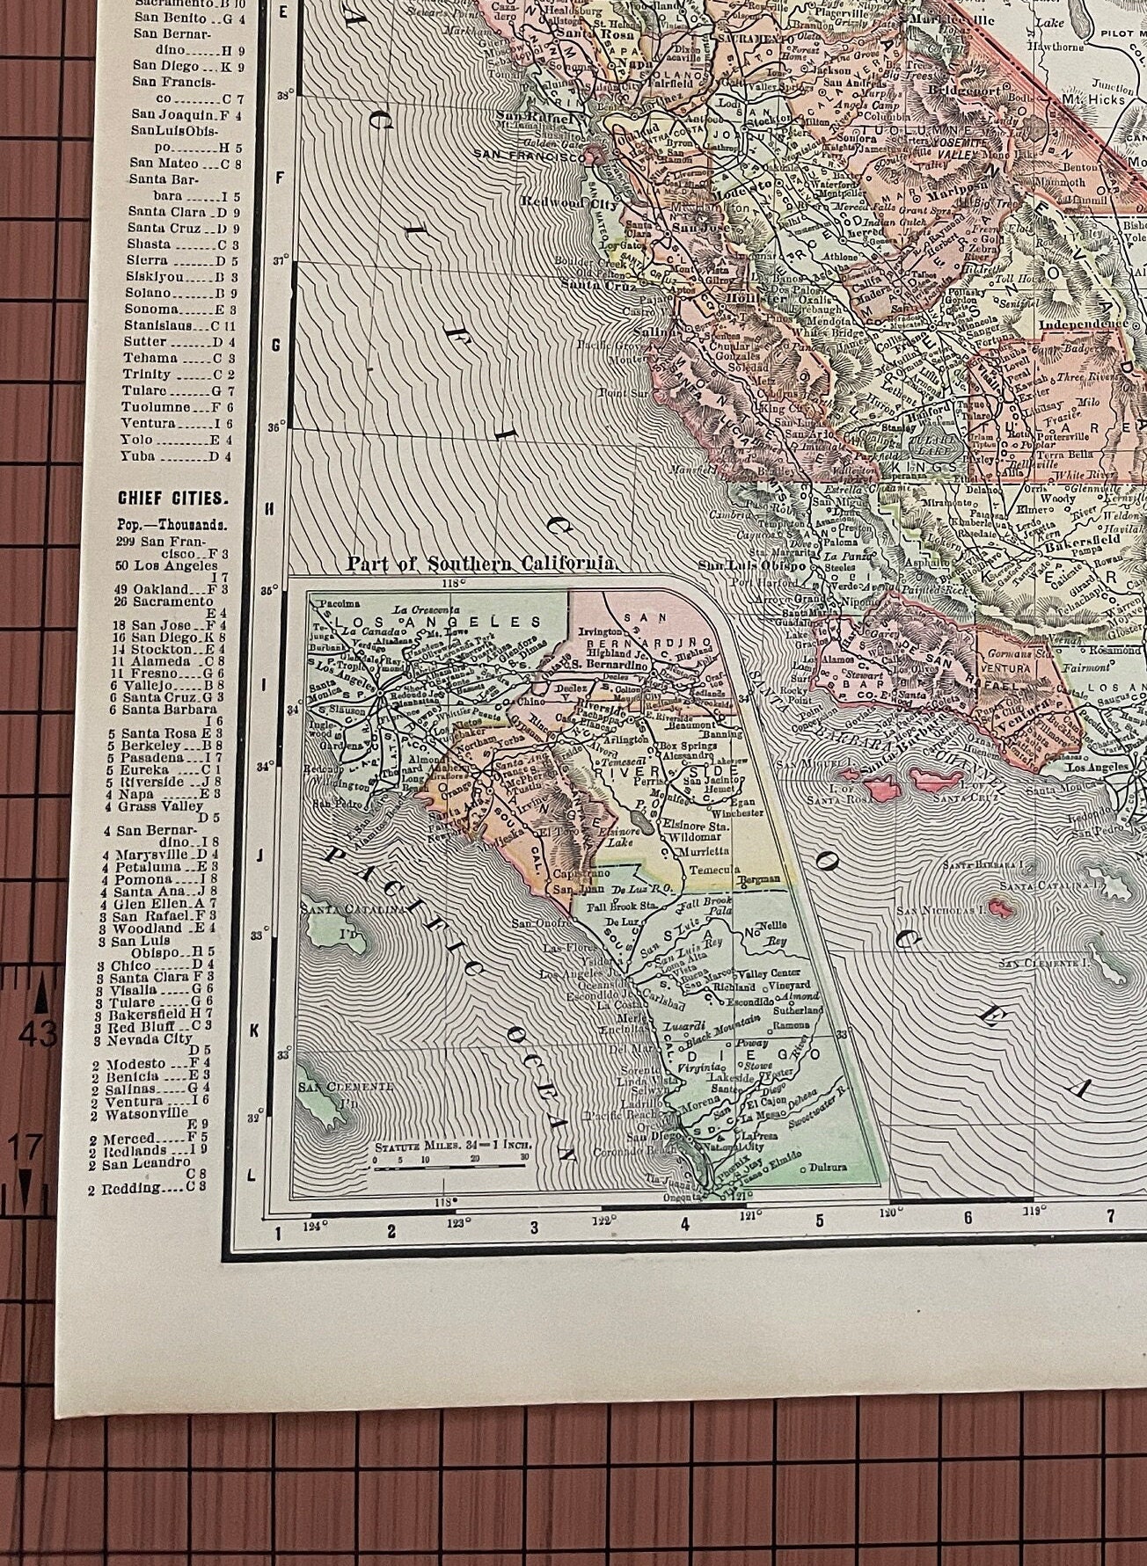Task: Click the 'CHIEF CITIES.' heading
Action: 172,499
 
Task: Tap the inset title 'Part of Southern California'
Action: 480,564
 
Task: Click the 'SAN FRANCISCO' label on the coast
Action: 527,153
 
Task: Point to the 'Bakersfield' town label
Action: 1072,544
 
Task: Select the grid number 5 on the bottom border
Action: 819,1220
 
